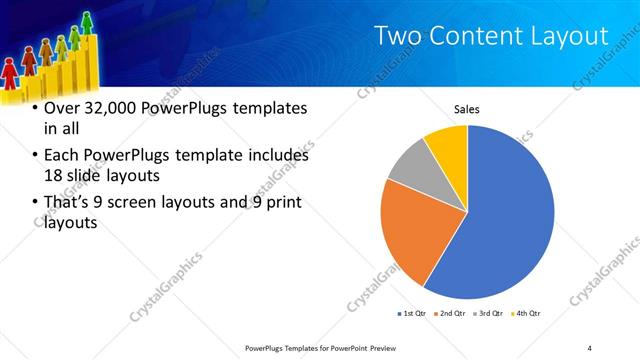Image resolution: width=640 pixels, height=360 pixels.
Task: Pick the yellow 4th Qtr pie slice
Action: point(448,146)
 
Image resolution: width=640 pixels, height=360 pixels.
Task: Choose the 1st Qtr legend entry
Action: point(412,314)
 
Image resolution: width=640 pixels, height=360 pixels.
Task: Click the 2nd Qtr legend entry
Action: point(451,314)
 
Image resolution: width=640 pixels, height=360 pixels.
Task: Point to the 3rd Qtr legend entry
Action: point(489,314)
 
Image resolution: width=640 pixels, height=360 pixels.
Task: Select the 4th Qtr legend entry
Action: point(527,314)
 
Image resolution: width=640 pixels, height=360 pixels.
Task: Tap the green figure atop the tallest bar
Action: point(87,21)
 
